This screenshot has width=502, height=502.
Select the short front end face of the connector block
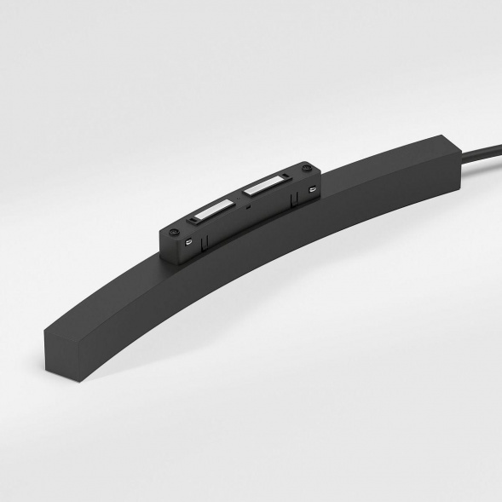point(164,241)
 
